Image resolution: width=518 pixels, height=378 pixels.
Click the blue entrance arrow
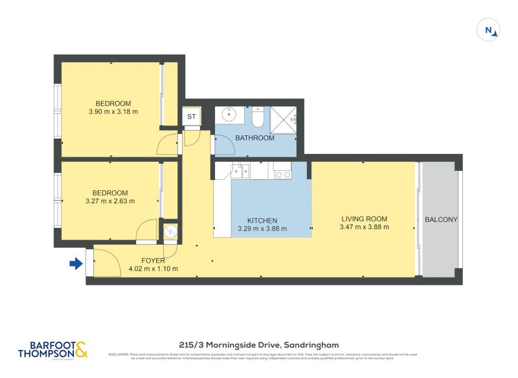point(76,263)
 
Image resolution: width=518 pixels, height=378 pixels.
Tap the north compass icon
point(489,30)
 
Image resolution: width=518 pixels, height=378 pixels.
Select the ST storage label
point(192,117)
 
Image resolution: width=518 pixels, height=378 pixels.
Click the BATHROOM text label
point(254,138)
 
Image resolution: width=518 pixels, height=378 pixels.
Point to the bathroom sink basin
point(229,115)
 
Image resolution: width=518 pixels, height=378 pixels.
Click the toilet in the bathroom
point(257,117)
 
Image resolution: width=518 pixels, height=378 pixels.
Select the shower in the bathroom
point(282,117)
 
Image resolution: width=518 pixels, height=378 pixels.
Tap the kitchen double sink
point(241,171)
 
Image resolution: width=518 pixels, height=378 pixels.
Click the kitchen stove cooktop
point(282,171)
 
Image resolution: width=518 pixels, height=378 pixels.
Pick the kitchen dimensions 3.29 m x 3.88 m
point(262,228)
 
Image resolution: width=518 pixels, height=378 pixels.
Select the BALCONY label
point(441,219)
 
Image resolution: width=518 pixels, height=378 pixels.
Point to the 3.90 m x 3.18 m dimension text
point(113,112)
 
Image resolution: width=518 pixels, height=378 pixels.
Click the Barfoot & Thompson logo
point(54,350)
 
